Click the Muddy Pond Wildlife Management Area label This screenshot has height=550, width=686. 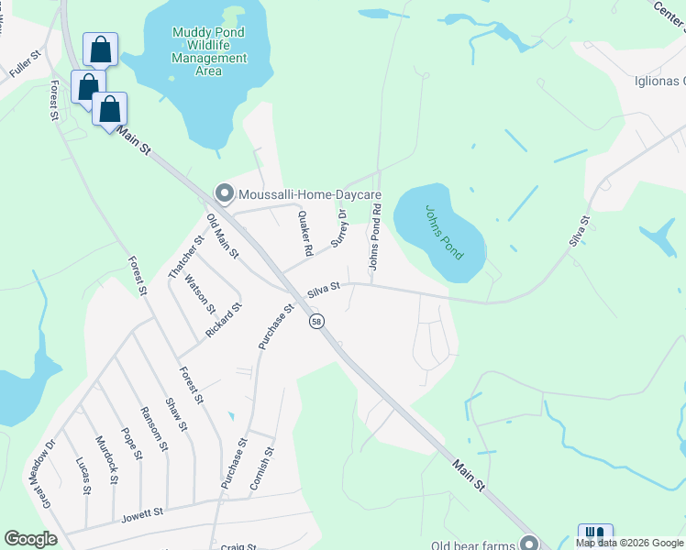(x=209, y=51)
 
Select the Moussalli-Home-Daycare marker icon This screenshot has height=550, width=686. (x=225, y=193)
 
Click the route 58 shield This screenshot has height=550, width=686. (x=316, y=322)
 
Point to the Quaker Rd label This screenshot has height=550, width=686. (x=306, y=234)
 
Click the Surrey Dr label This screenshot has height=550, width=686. (x=339, y=227)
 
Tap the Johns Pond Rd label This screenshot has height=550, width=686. (x=374, y=236)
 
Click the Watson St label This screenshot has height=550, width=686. (x=199, y=294)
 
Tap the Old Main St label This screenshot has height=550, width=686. (x=222, y=236)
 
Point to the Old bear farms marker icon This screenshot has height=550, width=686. (x=527, y=541)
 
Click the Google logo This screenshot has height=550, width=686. (x=30, y=539)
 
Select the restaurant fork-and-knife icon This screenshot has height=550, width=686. (x=595, y=535)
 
